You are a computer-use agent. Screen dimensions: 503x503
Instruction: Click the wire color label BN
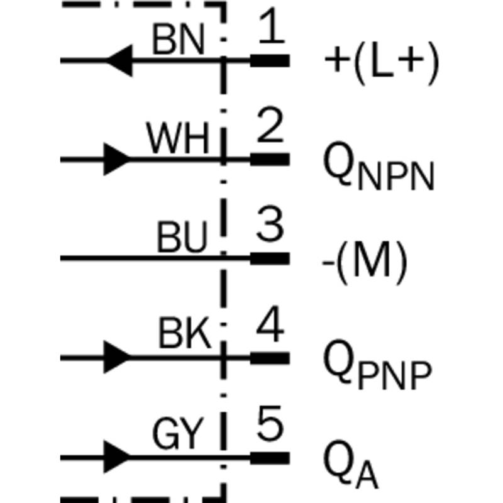pos(179,40)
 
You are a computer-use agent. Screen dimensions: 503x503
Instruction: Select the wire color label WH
pos(178,138)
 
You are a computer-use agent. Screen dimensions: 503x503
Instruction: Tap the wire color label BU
pos(182,237)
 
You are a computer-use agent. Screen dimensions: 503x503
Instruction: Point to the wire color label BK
pos(185,333)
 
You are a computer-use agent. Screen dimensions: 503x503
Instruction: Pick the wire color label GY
pos(178,433)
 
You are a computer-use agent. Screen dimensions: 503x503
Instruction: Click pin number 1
pos(272,26)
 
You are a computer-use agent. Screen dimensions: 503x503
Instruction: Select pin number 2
pos(270,124)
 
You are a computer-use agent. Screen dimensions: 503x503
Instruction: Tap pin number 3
pos(270,223)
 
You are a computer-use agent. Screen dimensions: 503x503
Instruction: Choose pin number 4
pos(270,323)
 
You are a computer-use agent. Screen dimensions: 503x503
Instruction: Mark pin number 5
pos(270,423)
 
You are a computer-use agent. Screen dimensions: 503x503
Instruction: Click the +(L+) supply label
pos(382,64)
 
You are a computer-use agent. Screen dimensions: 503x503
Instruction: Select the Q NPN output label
pos(379,166)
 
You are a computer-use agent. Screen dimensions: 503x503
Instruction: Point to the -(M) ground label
pos(365,262)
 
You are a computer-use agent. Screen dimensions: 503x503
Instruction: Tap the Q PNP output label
pos(378,365)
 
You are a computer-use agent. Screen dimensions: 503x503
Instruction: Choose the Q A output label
pos(351,465)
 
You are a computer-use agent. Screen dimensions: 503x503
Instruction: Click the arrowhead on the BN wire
pos(119,60)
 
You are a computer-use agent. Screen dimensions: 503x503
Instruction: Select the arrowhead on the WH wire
pos(117,159)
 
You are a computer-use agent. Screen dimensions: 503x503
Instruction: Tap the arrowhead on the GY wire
pos(117,457)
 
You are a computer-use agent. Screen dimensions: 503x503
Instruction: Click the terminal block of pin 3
pos(270,258)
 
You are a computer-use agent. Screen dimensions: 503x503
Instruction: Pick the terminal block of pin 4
pos(270,358)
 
